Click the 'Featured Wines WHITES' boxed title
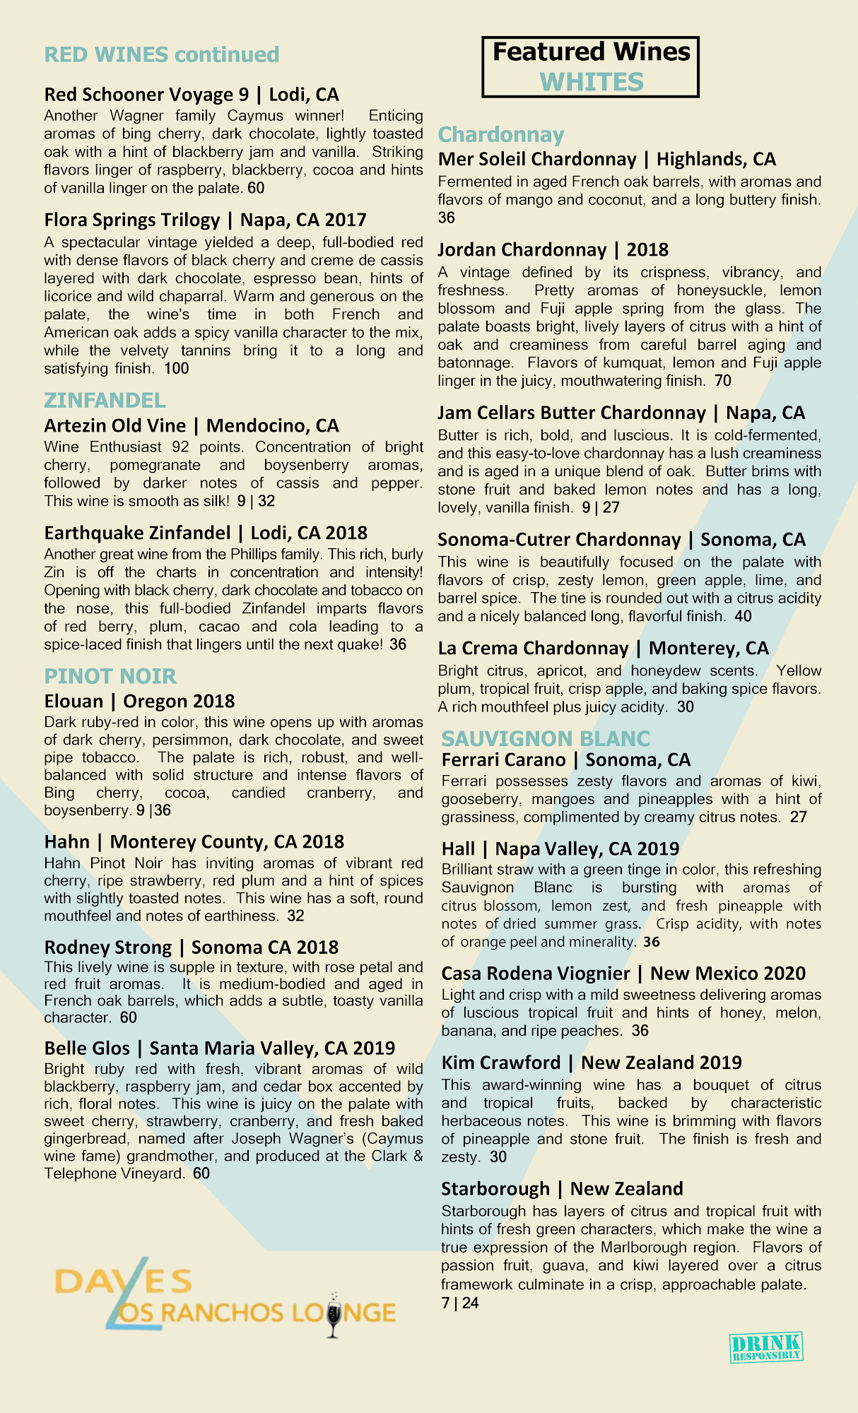point(591,67)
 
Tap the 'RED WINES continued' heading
point(162,54)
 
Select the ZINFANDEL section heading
point(105,401)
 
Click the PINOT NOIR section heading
point(110,676)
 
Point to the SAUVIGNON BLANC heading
point(546,738)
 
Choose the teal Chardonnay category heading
point(501,134)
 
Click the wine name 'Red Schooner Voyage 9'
point(146,94)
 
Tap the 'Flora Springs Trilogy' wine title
point(131,220)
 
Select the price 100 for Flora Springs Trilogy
point(177,368)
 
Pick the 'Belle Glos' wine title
point(87,1048)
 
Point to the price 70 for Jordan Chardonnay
point(723,381)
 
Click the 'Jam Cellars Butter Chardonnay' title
point(571,413)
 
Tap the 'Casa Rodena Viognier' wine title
point(535,973)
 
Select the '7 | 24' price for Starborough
point(460,1303)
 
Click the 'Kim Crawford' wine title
point(500,1063)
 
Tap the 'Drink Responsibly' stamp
point(766,1347)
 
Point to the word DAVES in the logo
point(123,1280)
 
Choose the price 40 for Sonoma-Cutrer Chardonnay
point(744,616)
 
